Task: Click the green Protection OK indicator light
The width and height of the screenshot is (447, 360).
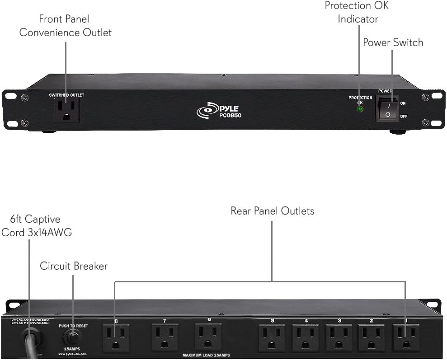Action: (360, 109)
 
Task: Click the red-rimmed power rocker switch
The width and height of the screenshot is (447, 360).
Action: (387, 109)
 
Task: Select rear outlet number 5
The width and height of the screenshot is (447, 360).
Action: (272, 337)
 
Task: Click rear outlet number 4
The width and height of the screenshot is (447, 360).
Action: (306, 337)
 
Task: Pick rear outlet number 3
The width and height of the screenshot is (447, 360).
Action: (339, 337)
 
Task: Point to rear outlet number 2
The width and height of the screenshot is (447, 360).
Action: (372, 337)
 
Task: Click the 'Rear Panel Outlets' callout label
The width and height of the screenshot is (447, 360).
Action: (272, 211)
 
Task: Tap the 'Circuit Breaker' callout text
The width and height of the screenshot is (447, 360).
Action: (74, 266)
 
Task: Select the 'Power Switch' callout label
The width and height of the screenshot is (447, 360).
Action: (393, 42)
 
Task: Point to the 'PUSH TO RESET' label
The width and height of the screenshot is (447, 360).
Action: (73, 325)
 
